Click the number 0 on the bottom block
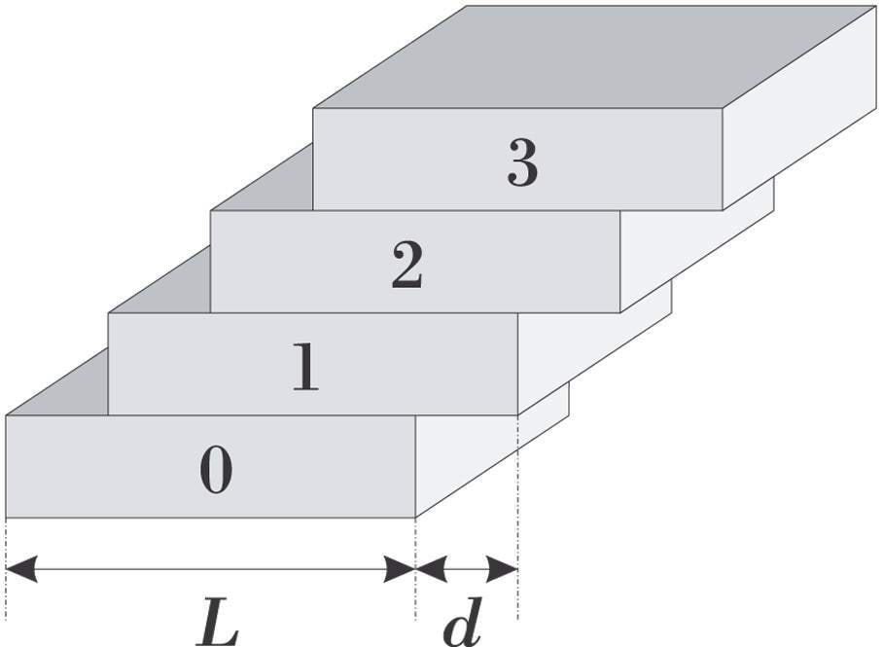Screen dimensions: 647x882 click(x=216, y=471)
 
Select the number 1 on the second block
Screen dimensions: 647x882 click(x=307, y=368)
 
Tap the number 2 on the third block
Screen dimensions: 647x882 click(x=407, y=266)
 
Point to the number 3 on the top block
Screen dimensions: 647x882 click(x=522, y=162)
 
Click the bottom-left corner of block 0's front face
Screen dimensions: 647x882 click(x=6, y=518)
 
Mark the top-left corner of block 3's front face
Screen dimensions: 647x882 click(x=313, y=108)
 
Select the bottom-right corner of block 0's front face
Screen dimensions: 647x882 click(x=415, y=518)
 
